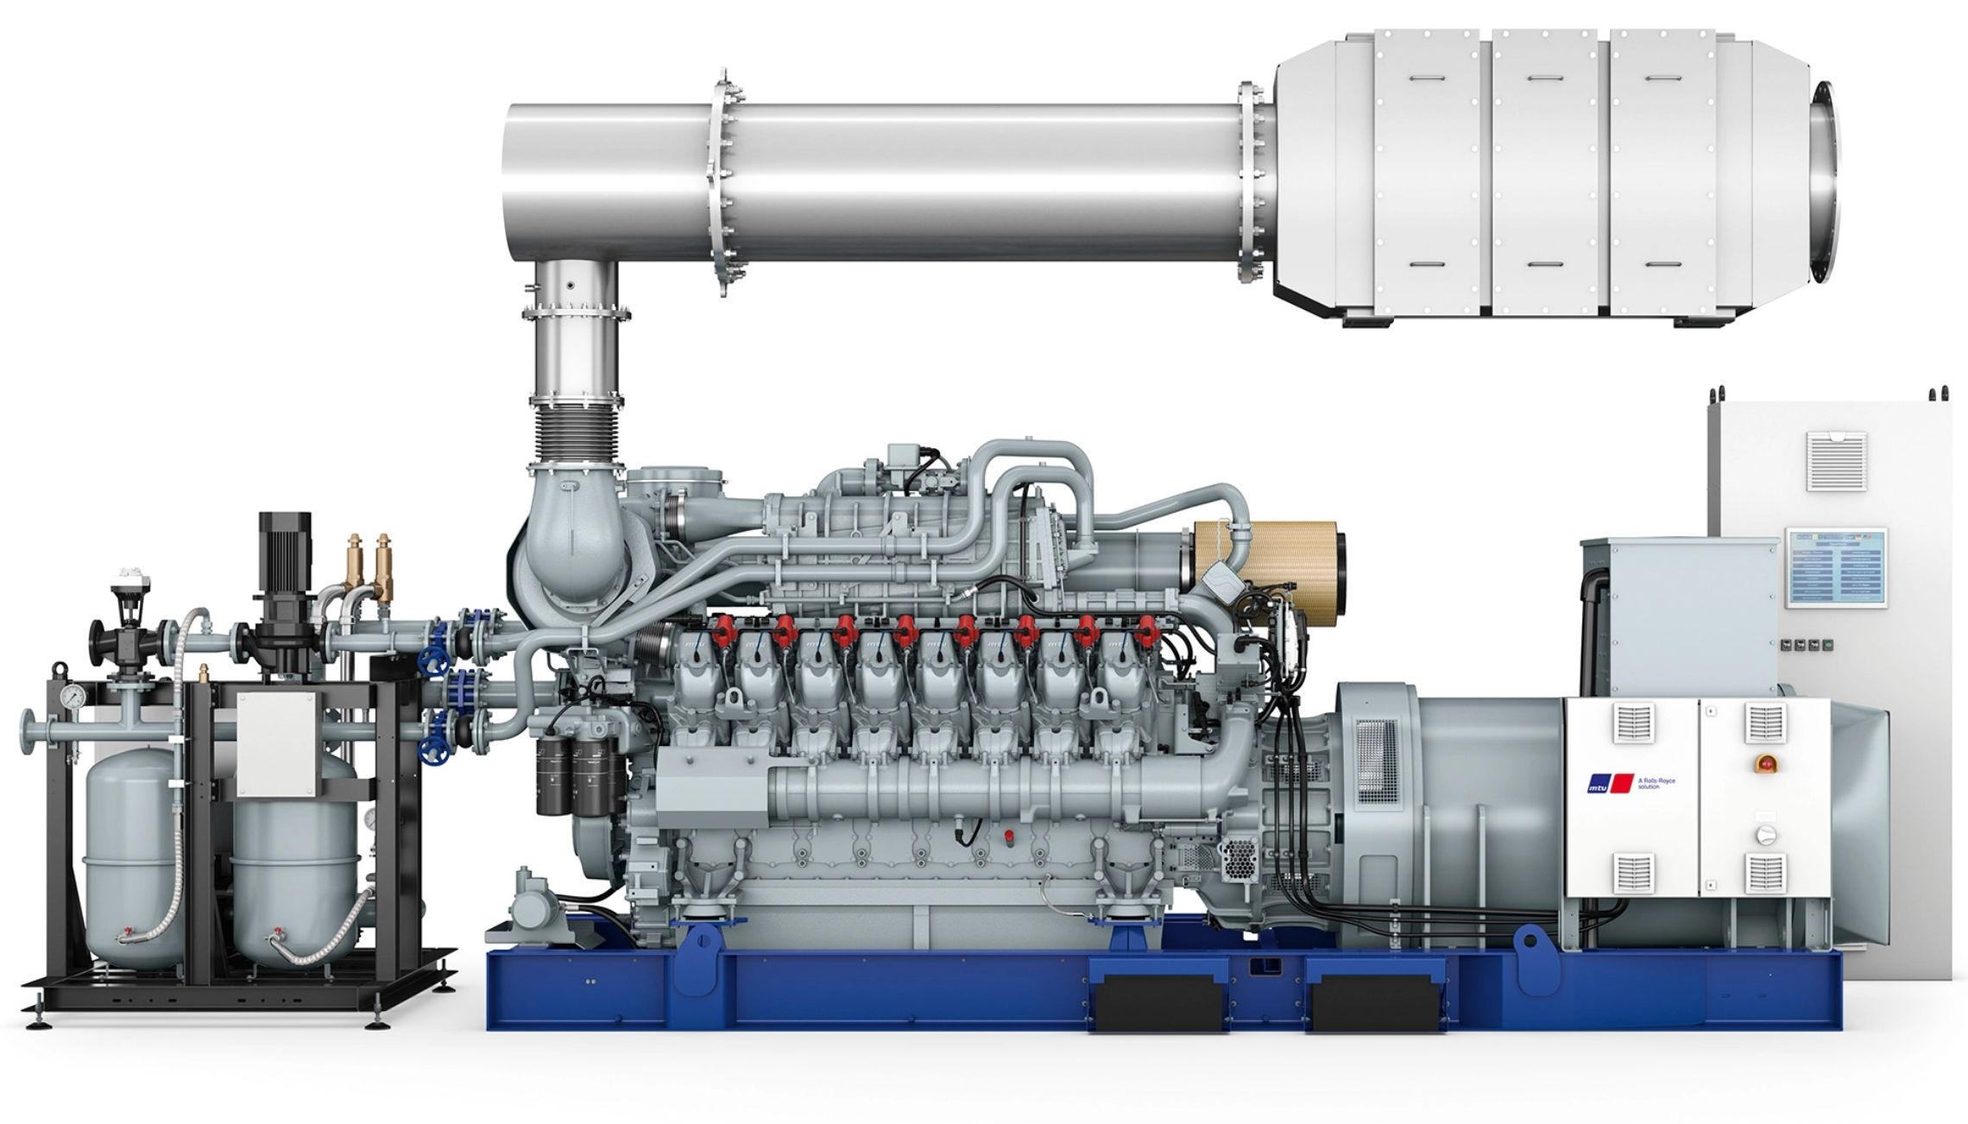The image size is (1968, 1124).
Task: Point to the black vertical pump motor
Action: pos(284,553)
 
